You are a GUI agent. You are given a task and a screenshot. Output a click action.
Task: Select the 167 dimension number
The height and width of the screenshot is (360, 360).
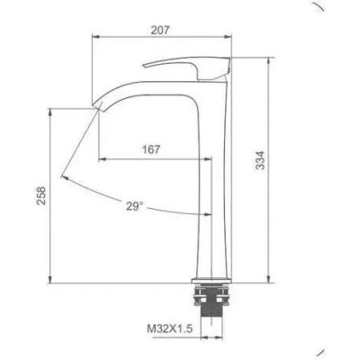(151, 149)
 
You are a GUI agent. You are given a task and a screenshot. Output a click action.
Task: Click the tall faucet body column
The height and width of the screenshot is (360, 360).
(216, 198)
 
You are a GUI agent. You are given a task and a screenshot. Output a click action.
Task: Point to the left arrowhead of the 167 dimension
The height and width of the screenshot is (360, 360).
(99, 158)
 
